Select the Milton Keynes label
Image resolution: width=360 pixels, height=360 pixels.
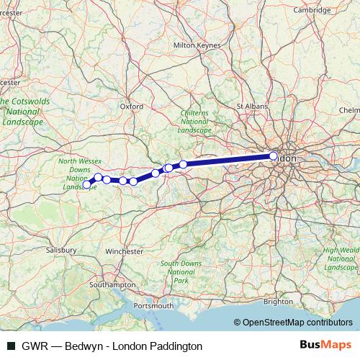[194, 45]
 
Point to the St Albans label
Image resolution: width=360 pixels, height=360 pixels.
[252, 106]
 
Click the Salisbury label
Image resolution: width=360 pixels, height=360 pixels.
[61, 249]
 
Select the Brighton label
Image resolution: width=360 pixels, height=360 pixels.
[279, 302]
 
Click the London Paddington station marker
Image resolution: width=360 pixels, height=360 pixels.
[274, 156]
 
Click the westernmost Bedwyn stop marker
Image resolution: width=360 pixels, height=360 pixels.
[87, 184]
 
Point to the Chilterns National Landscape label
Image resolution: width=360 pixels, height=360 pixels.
[194, 122]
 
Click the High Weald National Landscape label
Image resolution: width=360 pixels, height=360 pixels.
[341, 258]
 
